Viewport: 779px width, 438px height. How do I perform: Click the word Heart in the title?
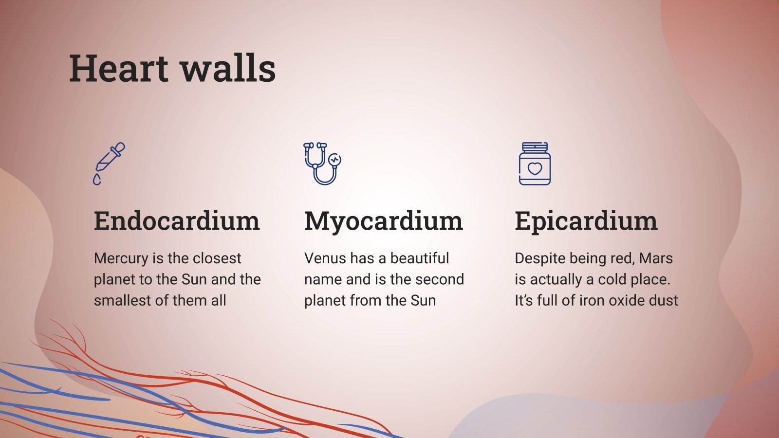pos(118,69)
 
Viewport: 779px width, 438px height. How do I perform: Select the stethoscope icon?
pos(322,163)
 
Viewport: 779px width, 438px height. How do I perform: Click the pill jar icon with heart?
pos(535,164)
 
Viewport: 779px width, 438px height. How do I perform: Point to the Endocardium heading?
pos(177,221)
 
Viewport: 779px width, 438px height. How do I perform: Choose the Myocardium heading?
pos(383,221)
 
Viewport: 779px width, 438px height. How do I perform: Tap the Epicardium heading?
pos(586,221)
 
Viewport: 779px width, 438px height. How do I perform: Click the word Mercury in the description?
pos(120,258)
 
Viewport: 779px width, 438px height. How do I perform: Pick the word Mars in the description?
pos(656,258)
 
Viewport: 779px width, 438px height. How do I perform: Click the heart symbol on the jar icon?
pos(535,169)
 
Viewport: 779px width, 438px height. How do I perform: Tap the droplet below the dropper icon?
pos(97,180)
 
